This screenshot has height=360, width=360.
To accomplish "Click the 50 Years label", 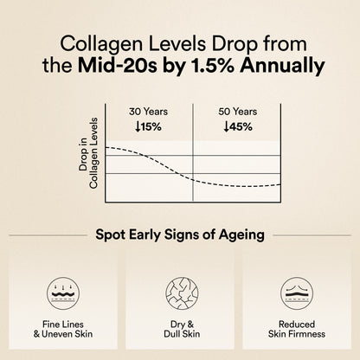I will [x=238, y=111].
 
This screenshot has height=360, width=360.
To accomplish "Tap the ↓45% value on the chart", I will [x=238, y=126].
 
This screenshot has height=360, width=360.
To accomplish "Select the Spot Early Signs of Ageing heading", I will [x=179, y=235].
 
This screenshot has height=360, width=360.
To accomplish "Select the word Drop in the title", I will [x=220, y=42].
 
